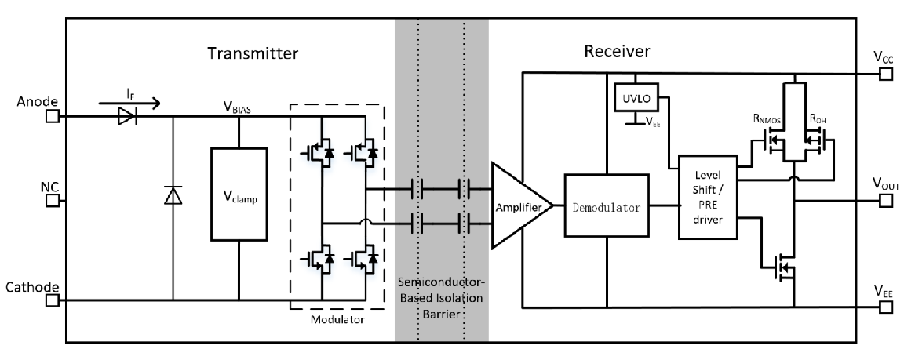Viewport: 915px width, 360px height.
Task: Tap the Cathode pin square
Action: (53, 300)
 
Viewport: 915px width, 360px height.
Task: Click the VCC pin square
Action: (886, 74)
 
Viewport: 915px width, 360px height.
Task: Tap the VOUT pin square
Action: (886, 201)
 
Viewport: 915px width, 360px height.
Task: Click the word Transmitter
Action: (253, 53)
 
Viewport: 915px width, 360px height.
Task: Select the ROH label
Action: (820, 119)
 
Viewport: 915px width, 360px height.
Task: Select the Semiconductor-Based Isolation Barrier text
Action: (441, 296)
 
